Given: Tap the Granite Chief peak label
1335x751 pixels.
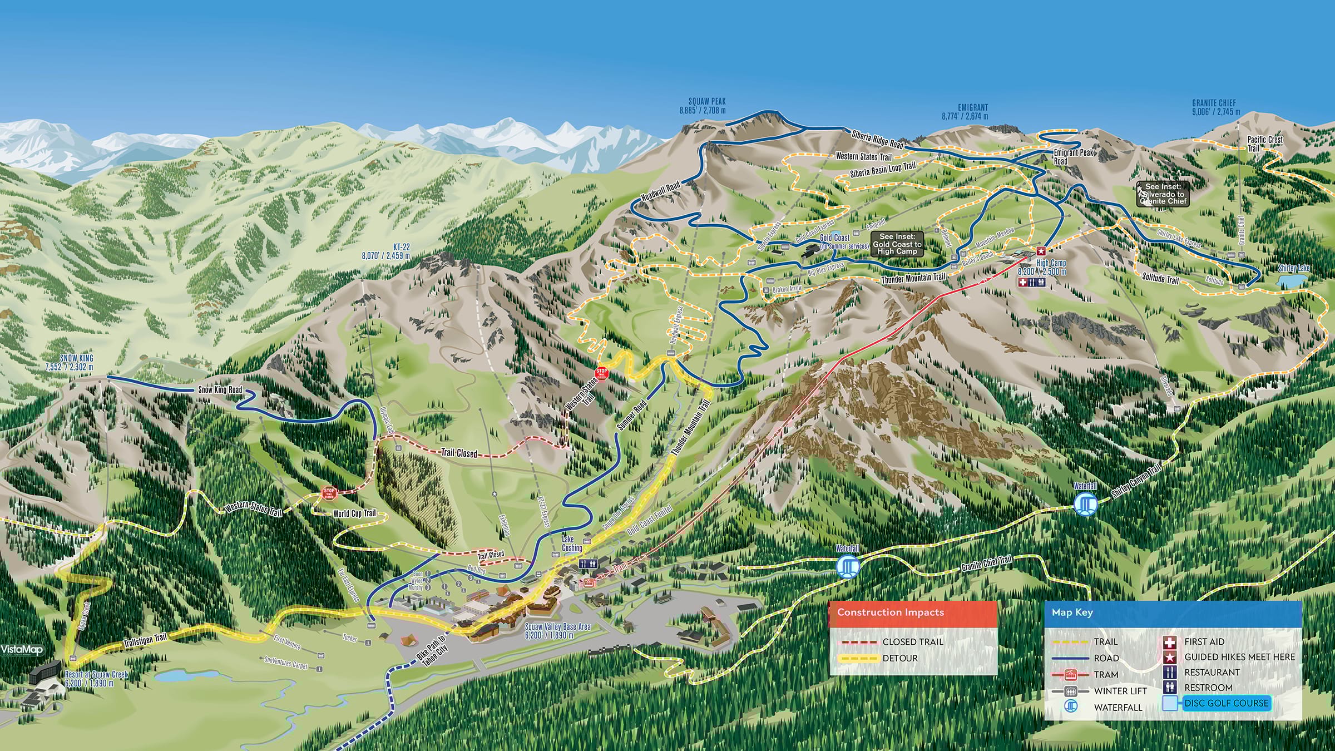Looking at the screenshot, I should coord(1215,107).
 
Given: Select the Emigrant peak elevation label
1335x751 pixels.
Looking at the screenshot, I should coord(965,116).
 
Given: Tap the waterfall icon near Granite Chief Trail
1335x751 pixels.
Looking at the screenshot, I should coord(847,567).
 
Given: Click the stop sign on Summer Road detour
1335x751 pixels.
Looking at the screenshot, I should coord(601,373).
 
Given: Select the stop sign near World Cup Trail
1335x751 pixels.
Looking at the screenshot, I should coord(329,492).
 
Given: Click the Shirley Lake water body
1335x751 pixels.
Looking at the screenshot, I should coord(1292,281).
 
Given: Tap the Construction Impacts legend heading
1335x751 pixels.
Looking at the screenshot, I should coord(891,612).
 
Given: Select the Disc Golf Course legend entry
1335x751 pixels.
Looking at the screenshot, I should coord(1226,703).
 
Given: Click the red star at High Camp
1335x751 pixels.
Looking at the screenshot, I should coord(1041,251).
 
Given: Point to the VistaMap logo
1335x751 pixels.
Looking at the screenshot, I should coord(21,650).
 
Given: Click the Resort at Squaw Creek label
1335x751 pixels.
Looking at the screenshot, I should coord(96,678).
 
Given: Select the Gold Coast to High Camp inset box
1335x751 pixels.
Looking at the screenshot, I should coord(897,244).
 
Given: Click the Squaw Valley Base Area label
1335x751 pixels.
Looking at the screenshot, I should coord(557,631).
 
